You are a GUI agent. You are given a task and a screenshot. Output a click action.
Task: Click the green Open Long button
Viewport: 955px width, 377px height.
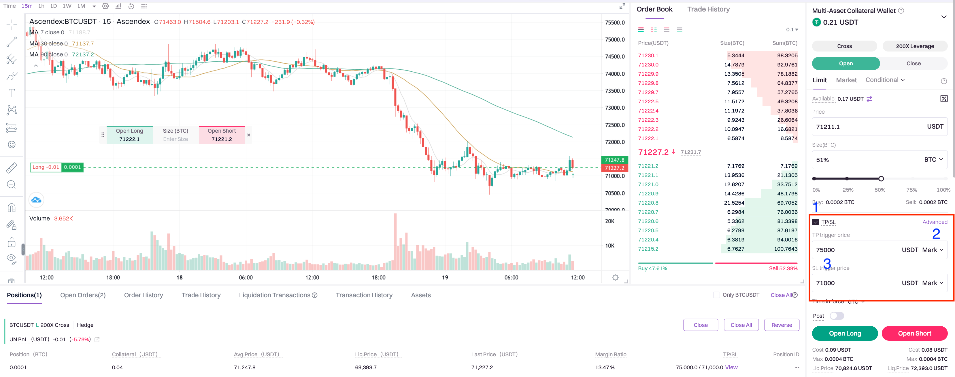tap(845, 333)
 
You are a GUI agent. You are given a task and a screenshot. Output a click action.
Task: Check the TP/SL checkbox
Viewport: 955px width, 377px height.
tap(815, 222)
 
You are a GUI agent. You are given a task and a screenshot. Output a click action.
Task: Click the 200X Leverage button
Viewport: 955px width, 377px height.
tap(915, 46)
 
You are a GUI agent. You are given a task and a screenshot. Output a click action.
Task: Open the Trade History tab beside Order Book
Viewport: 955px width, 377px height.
tap(708, 9)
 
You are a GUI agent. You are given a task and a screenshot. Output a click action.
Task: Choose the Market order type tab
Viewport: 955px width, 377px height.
tap(846, 80)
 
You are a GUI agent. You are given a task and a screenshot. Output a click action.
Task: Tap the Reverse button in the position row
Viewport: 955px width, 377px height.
tap(782, 325)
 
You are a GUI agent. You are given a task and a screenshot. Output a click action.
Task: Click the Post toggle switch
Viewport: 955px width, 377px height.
tap(837, 316)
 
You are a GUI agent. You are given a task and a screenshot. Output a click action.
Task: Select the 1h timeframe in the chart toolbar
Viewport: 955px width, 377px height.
tap(41, 6)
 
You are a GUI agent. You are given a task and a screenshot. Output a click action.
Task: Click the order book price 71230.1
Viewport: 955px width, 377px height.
tap(648, 56)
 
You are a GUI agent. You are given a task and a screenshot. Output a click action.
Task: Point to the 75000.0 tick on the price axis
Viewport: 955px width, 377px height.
tap(615, 40)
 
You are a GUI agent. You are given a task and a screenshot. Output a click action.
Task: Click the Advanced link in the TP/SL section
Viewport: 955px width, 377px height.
tap(935, 222)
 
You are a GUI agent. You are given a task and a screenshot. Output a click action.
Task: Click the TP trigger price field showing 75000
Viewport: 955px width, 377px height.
tap(853, 250)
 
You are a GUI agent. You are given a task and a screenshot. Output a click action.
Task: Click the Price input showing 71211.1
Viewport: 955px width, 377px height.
tap(867, 127)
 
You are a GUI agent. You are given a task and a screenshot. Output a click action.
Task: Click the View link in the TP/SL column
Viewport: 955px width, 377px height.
tap(731, 368)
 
